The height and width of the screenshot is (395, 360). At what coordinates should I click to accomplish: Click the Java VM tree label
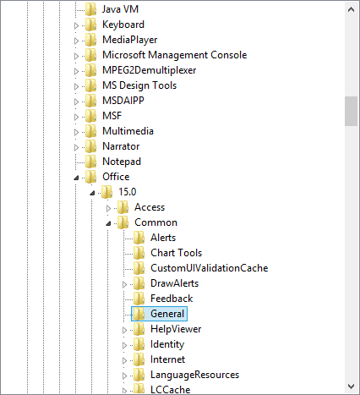[120, 9]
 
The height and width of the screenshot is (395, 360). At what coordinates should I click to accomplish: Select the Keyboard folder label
[123, 25]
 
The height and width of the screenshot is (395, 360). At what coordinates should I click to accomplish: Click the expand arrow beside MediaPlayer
[76, 41]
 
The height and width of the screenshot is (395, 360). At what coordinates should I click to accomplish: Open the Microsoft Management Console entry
[174, 55]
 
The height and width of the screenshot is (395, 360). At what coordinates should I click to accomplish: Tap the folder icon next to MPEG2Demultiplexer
[91, 70]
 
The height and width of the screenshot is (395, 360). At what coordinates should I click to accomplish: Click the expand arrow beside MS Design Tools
[76, 86]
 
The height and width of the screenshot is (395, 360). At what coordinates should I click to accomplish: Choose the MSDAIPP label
[123, 101]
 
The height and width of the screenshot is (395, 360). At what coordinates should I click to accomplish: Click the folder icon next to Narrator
[91, 146]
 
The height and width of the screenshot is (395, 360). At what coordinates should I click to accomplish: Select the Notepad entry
[122, 162]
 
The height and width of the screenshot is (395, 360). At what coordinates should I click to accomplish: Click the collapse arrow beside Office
[76, 178]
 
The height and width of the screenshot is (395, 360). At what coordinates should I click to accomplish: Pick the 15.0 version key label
[128, 192]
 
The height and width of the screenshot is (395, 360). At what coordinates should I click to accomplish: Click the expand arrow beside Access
[108, 208]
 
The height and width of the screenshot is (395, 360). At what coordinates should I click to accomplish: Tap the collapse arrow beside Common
[108, 223]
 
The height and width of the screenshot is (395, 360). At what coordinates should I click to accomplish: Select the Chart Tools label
[176, 253]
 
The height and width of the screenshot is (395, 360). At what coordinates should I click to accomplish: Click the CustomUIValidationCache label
[209, 268]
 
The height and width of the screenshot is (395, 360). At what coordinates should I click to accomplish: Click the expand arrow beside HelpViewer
[124, 330]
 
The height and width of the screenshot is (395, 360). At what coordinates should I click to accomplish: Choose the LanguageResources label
[194, 375]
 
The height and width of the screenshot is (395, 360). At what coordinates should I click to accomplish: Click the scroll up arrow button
[351, 9]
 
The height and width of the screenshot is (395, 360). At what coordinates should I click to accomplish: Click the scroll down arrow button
[351, 386]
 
